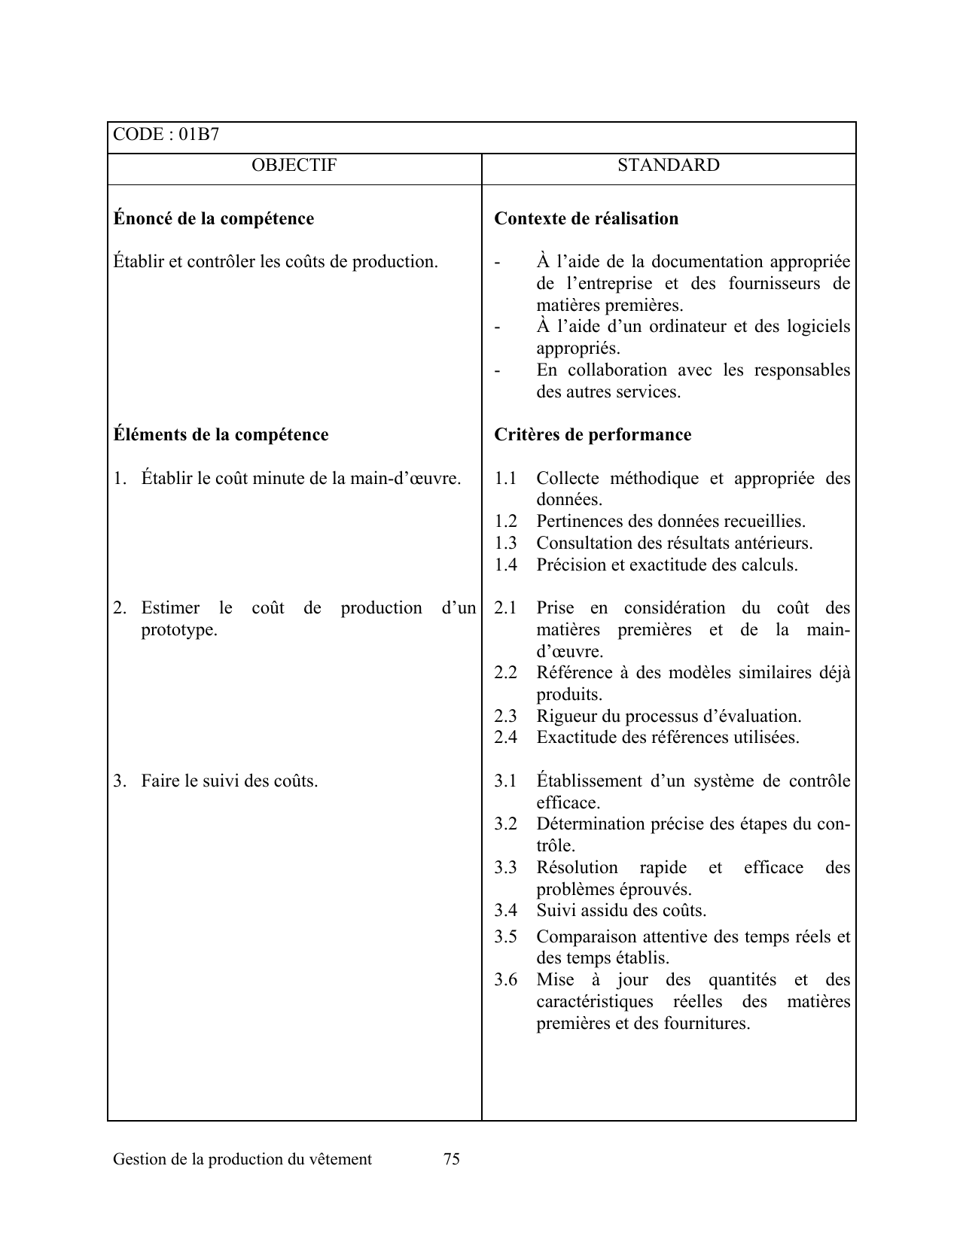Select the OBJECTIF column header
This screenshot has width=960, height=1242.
(x=294, y=166)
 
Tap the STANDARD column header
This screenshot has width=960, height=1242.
(x=668, y=166)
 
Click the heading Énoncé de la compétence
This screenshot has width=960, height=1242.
(x=213, y=219)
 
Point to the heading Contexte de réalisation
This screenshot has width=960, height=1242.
(x=586, y=219)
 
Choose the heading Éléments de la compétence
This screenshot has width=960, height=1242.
(x=221, y=435)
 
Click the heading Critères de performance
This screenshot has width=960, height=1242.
(x=593, y=435)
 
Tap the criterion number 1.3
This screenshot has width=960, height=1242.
(x=505, y=543)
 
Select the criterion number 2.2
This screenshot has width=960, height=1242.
(x=505, y=673)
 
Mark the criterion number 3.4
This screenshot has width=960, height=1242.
(x=505, y=911)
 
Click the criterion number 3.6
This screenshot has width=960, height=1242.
(x=505, y=980)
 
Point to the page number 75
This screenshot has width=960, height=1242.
(x=452, y=1159)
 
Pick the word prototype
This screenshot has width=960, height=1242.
(x=178, y=630)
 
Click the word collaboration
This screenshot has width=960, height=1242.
(x=618, y=370)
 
